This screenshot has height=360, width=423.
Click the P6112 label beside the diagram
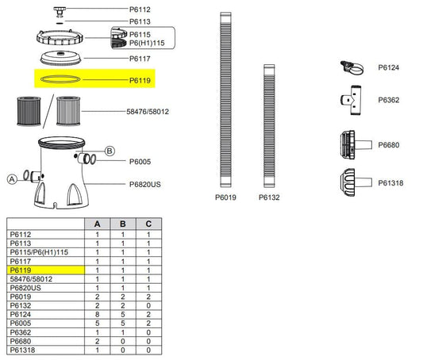140,10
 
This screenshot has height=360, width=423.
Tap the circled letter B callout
110,151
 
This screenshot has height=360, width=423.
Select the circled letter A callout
12,179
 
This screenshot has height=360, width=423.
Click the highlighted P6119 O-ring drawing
60,79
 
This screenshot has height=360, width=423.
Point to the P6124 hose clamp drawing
352,68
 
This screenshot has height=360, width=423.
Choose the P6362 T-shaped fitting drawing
351,100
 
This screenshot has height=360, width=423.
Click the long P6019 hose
225,100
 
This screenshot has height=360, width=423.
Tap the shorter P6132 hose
269,126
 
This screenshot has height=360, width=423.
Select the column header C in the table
148,224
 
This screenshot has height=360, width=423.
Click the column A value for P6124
97,315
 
